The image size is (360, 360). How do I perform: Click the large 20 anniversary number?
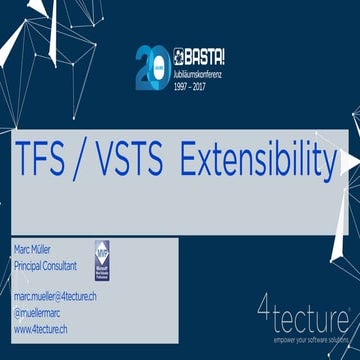click(x=150, y=65)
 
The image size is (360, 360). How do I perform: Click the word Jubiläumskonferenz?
click(x=203, y=65)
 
